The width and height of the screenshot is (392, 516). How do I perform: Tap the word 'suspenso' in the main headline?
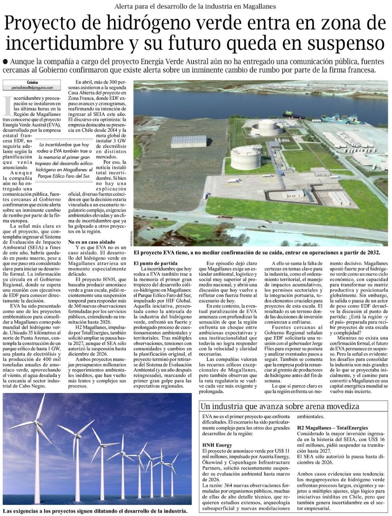[x=345, y=42]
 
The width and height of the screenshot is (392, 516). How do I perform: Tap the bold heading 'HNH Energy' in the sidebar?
[x=217, y=445]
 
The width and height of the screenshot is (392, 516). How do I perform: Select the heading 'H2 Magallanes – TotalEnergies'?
[x=332, y=428]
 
